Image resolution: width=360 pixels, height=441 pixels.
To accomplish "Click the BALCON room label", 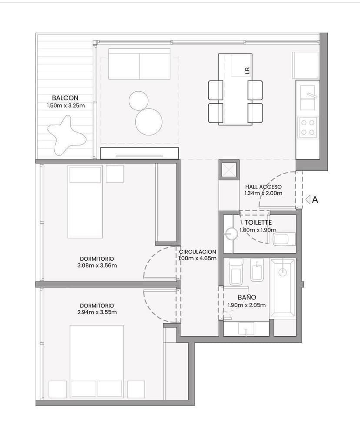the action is coord(65,98).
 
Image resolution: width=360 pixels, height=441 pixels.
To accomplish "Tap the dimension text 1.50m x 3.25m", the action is coord(66,106).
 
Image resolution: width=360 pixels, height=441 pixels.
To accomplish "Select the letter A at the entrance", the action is coord(315,200).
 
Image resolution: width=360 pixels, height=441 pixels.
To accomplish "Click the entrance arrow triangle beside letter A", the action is coord(308,200).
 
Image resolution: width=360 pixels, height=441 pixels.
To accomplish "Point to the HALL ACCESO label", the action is coord(263,187).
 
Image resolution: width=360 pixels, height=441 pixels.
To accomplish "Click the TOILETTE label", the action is coord(258,222).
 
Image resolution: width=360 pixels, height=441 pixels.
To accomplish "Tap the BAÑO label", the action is coord(247,297).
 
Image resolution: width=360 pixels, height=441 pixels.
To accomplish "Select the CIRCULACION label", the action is coord(197,252).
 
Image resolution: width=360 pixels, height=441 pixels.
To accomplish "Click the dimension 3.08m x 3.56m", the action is coord(97,265).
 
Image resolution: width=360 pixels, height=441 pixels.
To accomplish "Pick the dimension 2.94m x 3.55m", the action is coord(97,312).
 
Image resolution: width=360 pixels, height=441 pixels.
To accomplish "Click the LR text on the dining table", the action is coord(247,70).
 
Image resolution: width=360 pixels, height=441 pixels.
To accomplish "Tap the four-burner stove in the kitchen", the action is coord(307,127).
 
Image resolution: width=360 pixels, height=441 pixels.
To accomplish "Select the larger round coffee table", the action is coord(149,122).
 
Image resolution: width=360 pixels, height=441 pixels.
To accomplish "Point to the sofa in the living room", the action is coord(139,64).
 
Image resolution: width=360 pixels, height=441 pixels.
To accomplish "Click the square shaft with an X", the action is coord(229,170).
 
